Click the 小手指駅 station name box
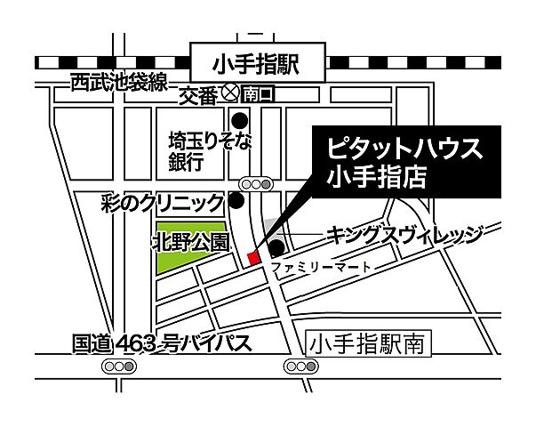[x=257, y=64]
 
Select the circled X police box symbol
[x=228, y=93]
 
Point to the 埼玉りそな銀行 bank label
[x=198, y=150]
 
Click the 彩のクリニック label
[x=164, y=203]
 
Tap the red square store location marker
[x=252, y=258]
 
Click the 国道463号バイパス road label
[x=160, y=343]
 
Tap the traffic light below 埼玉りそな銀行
[x=257, y=184]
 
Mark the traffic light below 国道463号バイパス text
[x=117, y=367]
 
